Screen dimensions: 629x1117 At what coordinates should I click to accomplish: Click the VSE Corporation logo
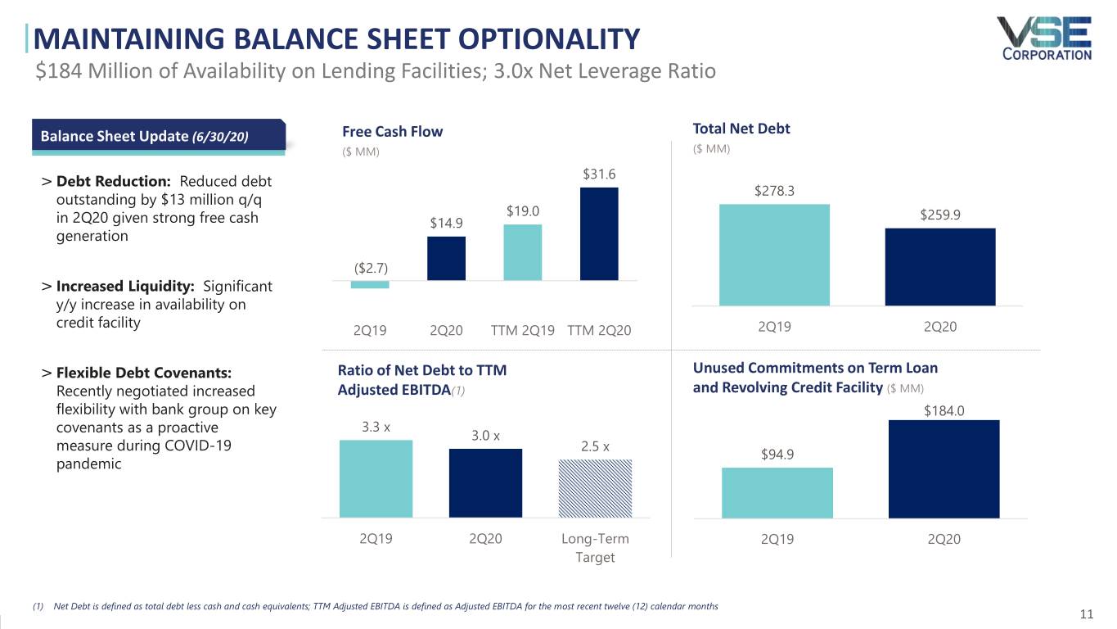point(1046,38)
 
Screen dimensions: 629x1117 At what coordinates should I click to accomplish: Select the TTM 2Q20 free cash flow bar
point(599,233)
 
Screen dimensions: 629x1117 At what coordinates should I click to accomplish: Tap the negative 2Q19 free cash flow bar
point(370,284)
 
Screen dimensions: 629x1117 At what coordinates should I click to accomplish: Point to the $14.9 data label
point(446,224)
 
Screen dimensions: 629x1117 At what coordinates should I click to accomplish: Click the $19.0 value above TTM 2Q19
point(522,211)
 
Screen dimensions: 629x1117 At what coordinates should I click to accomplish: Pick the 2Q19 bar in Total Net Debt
point(774,255)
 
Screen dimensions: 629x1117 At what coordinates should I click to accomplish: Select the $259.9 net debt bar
point(940,266)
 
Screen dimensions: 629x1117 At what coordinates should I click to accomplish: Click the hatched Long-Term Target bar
point(595,488)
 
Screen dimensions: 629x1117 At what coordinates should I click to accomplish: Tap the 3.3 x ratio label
point(376,427)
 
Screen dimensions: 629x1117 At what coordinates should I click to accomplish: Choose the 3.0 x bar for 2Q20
point(485,483)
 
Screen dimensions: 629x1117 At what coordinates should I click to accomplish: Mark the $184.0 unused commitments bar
point(944,469)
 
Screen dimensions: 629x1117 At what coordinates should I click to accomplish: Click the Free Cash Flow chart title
point(392,132)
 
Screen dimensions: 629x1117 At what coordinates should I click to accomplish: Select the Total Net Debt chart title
point(741,128)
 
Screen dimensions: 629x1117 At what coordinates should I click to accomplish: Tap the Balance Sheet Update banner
point(158,136)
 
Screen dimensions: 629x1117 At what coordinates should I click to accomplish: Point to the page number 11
point(1087,615)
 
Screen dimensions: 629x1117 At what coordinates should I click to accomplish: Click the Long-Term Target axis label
point(595,548)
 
